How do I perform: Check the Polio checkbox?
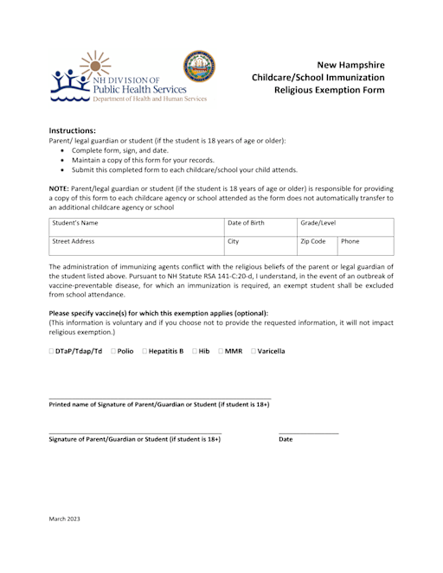point(113,351)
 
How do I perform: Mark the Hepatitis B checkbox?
point(144,351)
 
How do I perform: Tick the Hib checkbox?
point(195,351)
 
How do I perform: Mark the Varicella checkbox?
point(254,351)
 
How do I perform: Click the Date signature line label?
point(286,440)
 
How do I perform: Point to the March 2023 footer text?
point(64,519)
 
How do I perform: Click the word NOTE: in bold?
point(61,188)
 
